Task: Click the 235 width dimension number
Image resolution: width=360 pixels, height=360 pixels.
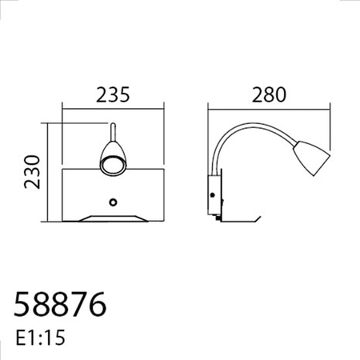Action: (113, 95)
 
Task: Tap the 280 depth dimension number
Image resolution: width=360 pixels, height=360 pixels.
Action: (268, 95)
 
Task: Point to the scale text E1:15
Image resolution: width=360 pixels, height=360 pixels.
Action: (41, 338)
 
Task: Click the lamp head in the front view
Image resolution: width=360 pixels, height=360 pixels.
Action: (111, 156)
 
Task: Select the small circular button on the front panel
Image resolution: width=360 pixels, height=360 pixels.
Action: (114, 201)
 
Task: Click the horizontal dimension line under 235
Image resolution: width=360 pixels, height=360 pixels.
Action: (113, 109)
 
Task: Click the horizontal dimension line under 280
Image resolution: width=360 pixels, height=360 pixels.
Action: (268, 109)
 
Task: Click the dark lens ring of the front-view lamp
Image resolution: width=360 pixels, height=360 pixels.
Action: (110, 163)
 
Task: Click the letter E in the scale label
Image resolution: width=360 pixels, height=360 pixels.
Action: (20, 338)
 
